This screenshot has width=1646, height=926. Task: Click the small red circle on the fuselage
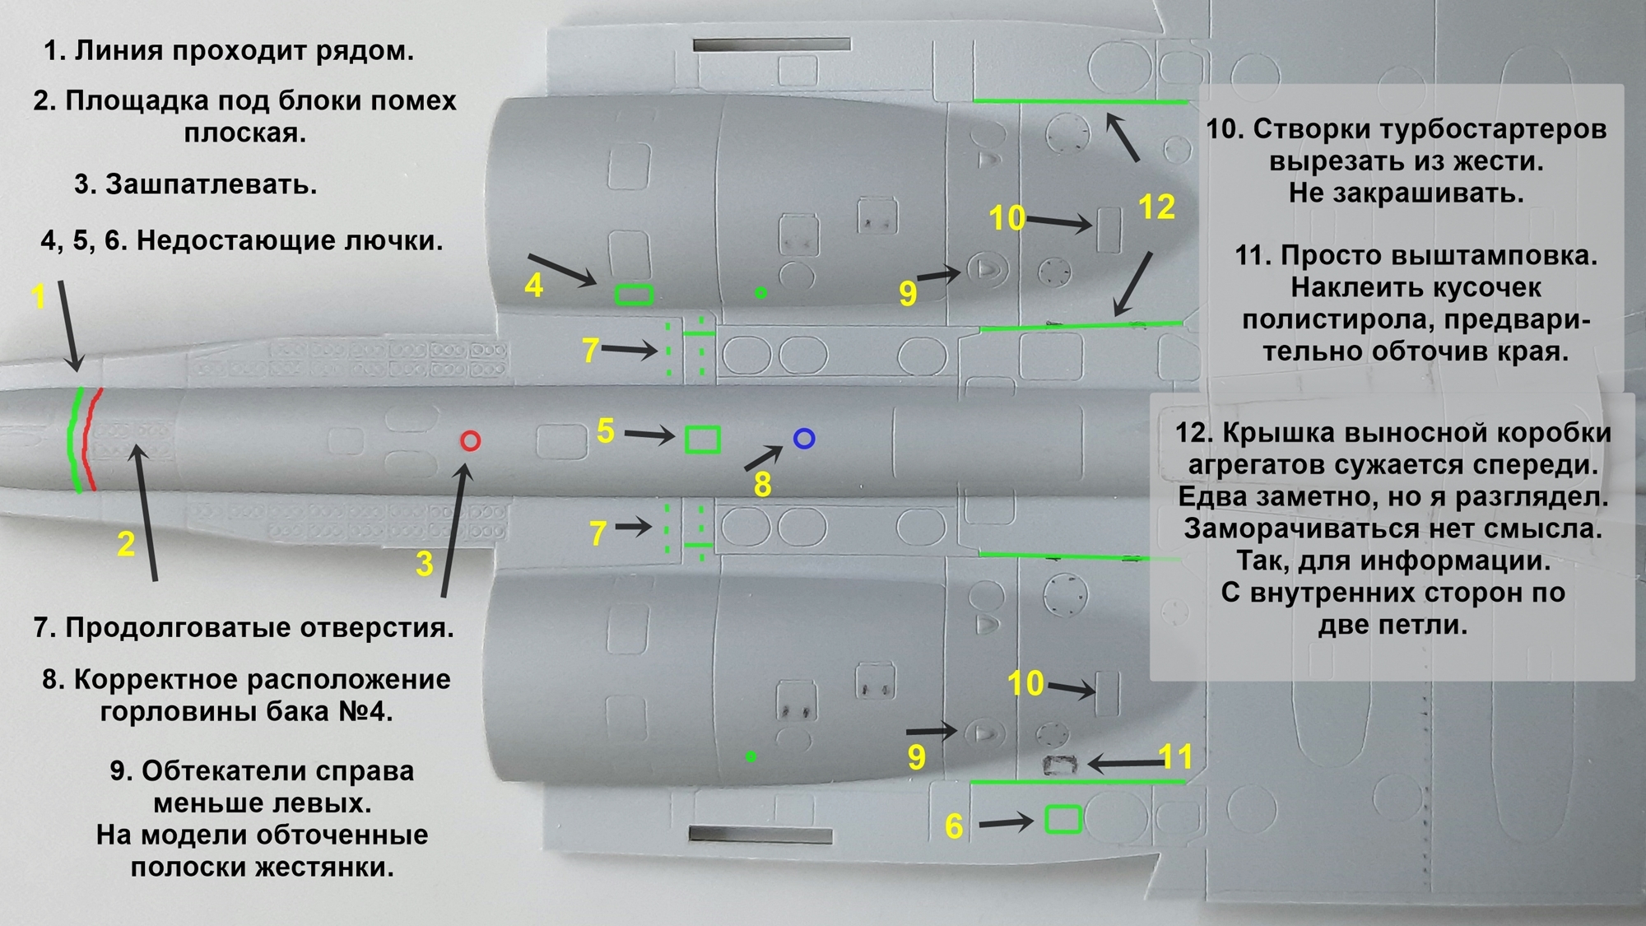[470, 441]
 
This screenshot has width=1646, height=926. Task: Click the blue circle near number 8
[804, 439]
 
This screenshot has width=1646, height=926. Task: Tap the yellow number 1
[39, 296]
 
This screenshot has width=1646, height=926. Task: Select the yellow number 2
[126, 544]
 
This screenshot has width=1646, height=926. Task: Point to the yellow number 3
[425, 564]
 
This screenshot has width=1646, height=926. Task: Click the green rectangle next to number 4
[634, 294]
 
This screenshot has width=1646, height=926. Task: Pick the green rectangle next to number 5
[703, 440]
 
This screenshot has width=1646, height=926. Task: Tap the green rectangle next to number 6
[1062, 820]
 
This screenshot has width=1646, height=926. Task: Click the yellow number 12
[1156, 207]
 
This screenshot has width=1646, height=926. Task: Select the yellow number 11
[1175, 756]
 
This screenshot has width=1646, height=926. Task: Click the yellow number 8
[763, 485]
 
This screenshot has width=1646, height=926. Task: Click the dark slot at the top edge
[771, 44]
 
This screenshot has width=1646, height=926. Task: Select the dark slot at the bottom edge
[760, 835]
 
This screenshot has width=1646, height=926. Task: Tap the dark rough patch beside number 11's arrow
[1060, 765]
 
